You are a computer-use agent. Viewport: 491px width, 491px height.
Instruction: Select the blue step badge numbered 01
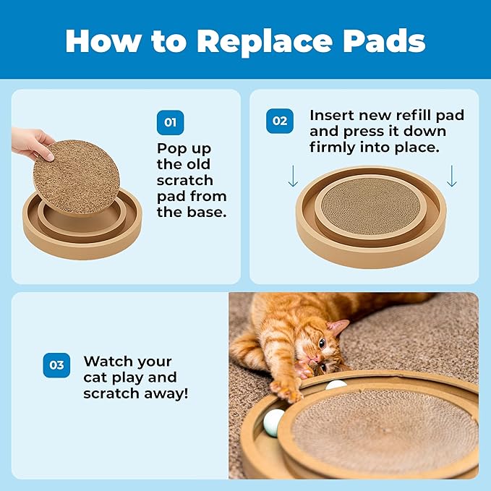click(170, 122)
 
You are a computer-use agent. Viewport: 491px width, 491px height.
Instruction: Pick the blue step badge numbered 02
click(279, 121)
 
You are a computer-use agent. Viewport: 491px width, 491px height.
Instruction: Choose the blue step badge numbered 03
click(56, 366)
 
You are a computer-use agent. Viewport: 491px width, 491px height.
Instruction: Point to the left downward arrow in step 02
click(292, 176)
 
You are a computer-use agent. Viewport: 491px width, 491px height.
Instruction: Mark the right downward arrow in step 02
click(452, 176)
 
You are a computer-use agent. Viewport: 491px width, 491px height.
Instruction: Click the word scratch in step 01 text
click(185, 180)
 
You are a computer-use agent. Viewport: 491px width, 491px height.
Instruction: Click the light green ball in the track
click(273, 422)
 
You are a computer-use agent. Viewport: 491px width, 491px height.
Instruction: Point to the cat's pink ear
click(337, 327)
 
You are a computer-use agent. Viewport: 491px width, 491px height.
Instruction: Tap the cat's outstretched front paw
click(286, 390)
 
